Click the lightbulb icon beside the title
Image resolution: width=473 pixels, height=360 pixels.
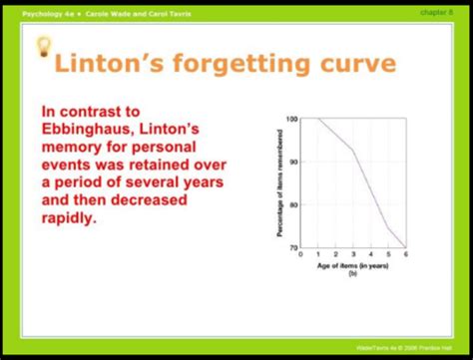click(43, 47)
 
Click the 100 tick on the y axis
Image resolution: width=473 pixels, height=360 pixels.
click(292, 119)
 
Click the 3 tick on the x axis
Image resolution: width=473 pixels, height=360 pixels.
click(353, 254)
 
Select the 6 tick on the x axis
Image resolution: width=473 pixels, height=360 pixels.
click(405, 254)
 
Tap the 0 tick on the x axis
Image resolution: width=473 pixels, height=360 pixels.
click(302, 254)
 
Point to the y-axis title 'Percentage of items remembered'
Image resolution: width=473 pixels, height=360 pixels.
click(280, 182)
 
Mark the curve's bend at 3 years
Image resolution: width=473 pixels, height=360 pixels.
click(353, 151)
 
